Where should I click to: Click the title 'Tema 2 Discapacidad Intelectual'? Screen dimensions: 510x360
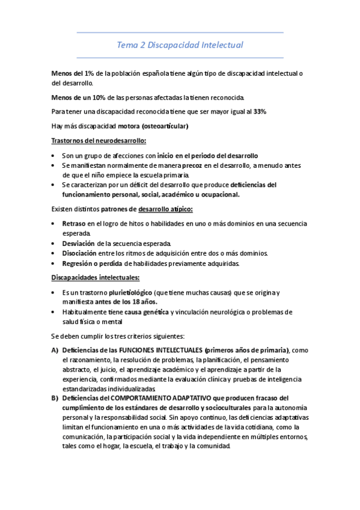coord(180,45)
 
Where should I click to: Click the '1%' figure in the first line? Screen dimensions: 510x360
coord(89,73)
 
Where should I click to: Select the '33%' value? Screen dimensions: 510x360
coord(260,112)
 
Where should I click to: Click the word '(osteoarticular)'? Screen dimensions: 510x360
coord(164,126)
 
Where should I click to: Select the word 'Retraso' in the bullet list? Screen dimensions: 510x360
coord(74,224)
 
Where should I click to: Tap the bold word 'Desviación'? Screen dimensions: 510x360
coord(78,243)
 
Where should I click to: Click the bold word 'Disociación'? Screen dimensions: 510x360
coord(80,253)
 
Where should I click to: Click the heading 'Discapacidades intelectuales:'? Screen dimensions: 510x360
coord(96,278)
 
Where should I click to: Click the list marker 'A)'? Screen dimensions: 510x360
coord(55,351)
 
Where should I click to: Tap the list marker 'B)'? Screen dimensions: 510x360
coord(55,398)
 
